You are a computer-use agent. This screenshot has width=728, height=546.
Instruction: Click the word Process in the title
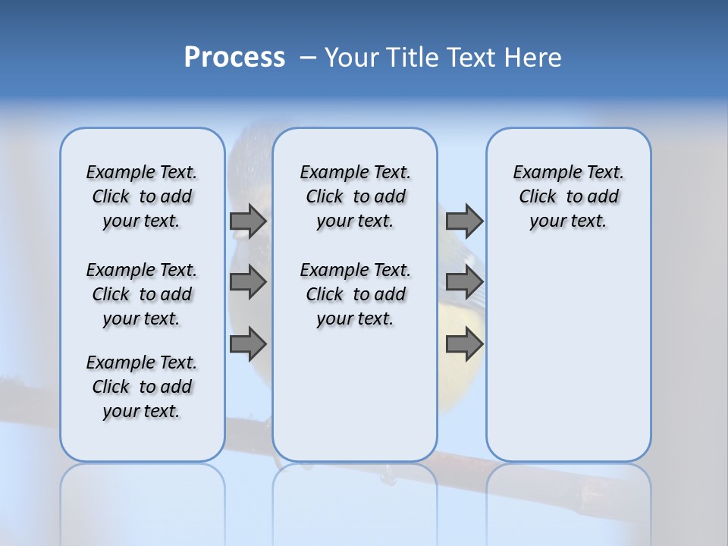(234, 57)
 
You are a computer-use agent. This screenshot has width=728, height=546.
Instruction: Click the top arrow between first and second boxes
(248, 221)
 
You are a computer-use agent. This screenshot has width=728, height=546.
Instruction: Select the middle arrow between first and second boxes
(248, 282)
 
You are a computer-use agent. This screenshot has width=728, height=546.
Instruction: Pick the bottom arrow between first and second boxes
(248, 344)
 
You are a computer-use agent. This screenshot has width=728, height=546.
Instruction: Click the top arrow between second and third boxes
(464, 221)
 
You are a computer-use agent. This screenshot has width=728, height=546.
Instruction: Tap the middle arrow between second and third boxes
(464, 282)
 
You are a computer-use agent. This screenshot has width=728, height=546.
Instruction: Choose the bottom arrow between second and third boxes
(464, 344)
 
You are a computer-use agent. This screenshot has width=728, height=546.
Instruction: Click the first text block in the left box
(142, 196)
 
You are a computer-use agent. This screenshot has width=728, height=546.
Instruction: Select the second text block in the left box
(142, 294)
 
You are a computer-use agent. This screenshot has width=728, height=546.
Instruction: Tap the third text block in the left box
(142, 387)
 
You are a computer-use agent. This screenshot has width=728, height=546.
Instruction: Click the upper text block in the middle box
(355, 196)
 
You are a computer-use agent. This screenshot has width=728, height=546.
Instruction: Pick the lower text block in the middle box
(355, 294)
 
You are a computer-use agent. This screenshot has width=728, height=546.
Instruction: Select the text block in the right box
(568, 196)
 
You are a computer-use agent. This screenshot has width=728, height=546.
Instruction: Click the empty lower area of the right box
(568, 356)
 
